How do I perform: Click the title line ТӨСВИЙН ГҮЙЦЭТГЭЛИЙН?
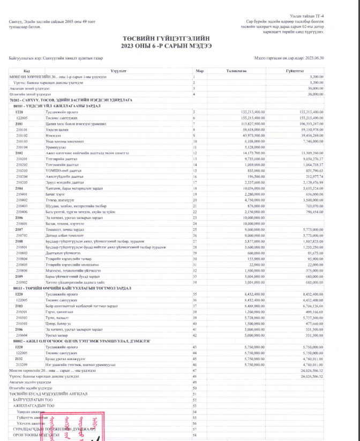pyautogui.click(x=179, y=39)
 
